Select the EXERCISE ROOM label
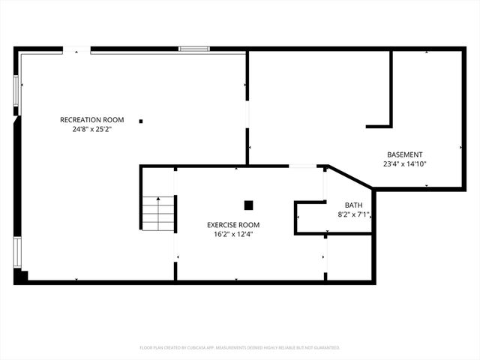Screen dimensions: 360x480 [x=233, y=225]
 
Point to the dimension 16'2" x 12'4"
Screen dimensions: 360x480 [x=233, y=234]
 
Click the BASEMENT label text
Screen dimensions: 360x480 [x=405, y=154]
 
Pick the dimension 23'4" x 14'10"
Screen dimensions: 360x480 [x=405, y=163]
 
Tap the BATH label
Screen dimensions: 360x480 [x=352, y=205]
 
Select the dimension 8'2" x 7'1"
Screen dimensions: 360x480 [x=352, y=214]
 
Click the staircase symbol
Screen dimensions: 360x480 [x=158, y=213]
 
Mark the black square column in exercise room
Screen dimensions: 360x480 [x=249, y=205]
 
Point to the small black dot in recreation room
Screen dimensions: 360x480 [x=140, y=120]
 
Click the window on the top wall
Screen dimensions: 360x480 [x=193, y=49]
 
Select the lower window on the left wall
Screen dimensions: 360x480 [x=16, y=253]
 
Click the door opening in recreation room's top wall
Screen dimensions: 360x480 [x=76, y=50]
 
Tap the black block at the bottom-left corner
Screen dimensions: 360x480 [x=21, y=276]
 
